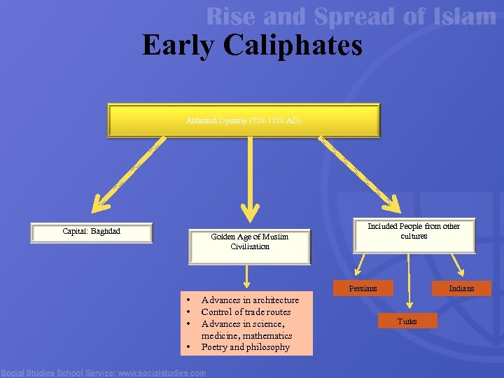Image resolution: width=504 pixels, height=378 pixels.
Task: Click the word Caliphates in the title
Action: [x=294, y=45]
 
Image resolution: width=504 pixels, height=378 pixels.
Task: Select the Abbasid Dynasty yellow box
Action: [x=244, y=120]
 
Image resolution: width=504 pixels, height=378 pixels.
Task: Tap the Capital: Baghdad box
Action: [x=91, y=232]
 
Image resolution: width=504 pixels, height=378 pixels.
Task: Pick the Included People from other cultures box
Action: [x=414, y=232]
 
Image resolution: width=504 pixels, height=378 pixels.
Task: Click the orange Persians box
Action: [x=363, y=288]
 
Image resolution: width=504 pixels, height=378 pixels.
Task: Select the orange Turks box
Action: [x=407, y=321]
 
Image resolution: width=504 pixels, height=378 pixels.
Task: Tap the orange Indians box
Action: [x=461, y=288]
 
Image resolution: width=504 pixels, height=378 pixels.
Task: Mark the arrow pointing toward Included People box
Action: [x=357, y=175]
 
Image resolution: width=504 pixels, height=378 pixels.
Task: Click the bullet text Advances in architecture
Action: [x=250, y=300]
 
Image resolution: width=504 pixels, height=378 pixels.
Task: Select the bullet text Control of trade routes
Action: [x=246, y=311]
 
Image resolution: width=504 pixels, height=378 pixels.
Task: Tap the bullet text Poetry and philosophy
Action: [x=245, y=347]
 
